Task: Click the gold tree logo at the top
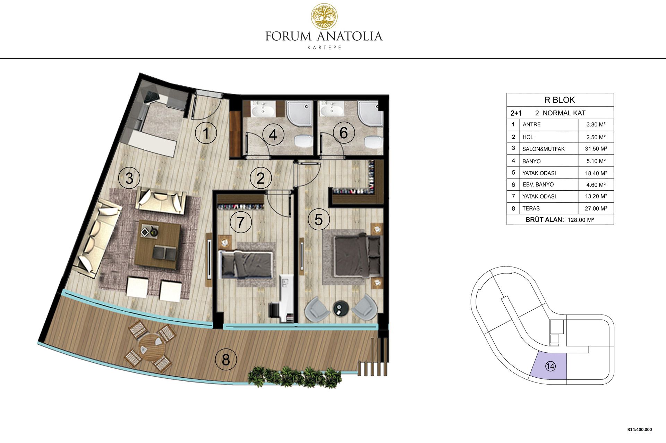(324, 16)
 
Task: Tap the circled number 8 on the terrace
(226, 360)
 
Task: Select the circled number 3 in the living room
(129, 178)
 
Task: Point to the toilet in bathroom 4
(303, 141)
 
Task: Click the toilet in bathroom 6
(373, 141)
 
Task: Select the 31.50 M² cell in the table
(596, 149)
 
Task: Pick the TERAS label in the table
(531, 208)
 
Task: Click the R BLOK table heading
(560, 100)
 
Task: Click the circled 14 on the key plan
(550, 366)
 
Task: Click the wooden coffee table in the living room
(158, 245)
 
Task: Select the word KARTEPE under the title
(324, 48)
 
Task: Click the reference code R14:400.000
(640, 429)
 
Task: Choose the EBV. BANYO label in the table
(538, 184)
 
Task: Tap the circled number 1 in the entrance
(206, 133)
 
